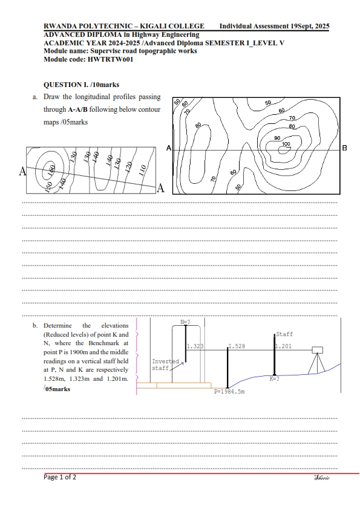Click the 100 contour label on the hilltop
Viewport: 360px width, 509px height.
[x=286, y=144]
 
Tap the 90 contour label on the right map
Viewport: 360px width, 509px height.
[x=277, y=138]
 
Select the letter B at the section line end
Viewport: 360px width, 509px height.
[x=344, y=148]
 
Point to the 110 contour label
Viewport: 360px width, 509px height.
[x=142, y=170]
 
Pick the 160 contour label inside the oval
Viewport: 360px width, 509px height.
[x=51, y=170]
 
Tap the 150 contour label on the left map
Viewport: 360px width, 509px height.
[x=48, y=187]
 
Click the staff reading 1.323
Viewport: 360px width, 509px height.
[x=195, y=346]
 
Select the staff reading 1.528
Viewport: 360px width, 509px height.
[x=237, y=346]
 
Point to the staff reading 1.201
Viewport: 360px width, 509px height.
[x=284, y=346]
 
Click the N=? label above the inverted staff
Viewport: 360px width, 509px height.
[x=185, y=322]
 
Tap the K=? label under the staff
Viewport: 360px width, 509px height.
[x=275, y=379]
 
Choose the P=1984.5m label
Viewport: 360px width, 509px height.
[x=229, y=392]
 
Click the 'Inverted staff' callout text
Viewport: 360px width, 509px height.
[x=165, y=365]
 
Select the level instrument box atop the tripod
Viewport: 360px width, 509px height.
[x=318, y=350]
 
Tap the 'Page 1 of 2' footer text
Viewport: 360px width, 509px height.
[x=60, y=477]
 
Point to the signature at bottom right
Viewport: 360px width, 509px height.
[x=322, y=478]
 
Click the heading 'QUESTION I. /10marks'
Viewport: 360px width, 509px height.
[x=81, y=85]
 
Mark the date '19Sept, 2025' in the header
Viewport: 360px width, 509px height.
[x=310, y=26]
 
